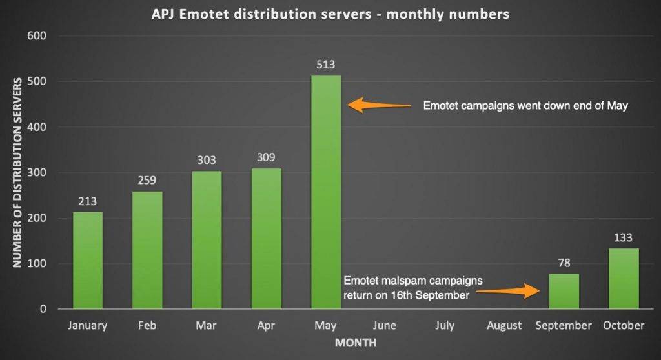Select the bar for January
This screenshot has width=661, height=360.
[x=87, y=261]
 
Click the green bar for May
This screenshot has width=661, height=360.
[x=326, y=192]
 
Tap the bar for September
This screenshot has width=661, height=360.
[x=564, y=291]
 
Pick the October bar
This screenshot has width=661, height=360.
[x=624, y=279]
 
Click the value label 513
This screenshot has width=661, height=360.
[x=326, y=65]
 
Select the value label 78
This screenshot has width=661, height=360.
[x=564, y=263]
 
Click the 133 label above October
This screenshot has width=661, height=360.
[x=624, y=237]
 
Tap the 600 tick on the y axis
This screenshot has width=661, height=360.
[x=38, y=36]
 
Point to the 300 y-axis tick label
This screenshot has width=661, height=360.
[x=38, y=173]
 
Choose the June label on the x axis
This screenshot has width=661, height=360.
[x=385, y=326]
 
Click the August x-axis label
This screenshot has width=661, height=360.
[x=504, y=326]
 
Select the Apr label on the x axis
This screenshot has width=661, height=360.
[x=266, y=326]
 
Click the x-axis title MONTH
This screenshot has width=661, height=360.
[x=355, y=343]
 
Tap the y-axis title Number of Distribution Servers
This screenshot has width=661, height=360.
[x=17, y=172]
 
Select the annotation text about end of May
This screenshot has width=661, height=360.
[x=525, y=106]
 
